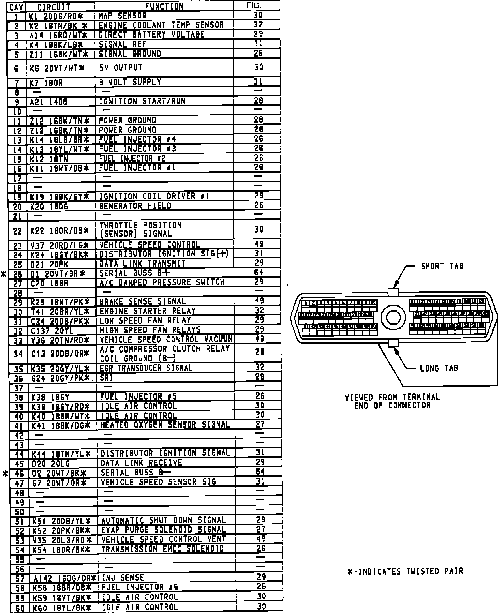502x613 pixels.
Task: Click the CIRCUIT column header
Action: (54, 6)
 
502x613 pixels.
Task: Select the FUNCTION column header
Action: (164, 6)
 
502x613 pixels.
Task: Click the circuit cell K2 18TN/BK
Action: (58, 25)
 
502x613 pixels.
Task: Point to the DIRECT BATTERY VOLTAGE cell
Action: (151, 34)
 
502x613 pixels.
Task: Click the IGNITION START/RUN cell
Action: (142, 101)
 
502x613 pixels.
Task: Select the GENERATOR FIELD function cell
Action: (135, 206)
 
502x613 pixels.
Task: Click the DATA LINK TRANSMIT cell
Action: (142, 264)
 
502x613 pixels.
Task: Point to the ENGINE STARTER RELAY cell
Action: (147, 311)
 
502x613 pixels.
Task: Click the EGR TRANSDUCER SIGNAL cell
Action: (146, 368)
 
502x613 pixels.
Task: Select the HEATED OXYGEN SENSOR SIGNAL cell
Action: (165, 425)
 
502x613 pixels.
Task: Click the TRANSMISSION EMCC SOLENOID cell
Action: (163, 549)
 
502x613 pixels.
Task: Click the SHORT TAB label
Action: (442, 266)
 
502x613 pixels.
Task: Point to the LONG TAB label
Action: (439, 368)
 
